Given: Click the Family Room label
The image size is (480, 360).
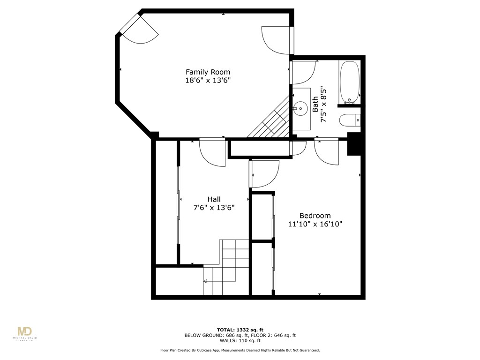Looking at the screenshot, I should [208, 72].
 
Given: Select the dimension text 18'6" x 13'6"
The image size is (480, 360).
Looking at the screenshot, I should [208, 81].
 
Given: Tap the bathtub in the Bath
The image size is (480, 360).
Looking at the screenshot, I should [349, 82].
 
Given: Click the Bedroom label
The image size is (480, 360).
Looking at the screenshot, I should [315, 215].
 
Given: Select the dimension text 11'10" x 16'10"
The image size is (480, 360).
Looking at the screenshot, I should [315, 224].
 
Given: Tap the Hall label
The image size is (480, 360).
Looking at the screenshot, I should [214, 199].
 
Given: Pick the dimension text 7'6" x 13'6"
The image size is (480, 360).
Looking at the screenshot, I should [214, 208].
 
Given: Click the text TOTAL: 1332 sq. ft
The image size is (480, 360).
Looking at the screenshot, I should [240, 329].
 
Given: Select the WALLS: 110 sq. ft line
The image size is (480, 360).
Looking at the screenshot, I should [240, 342].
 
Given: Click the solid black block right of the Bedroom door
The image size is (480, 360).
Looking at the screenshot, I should [354, 144].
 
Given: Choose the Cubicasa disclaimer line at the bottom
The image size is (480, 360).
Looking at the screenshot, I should [240, 350].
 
